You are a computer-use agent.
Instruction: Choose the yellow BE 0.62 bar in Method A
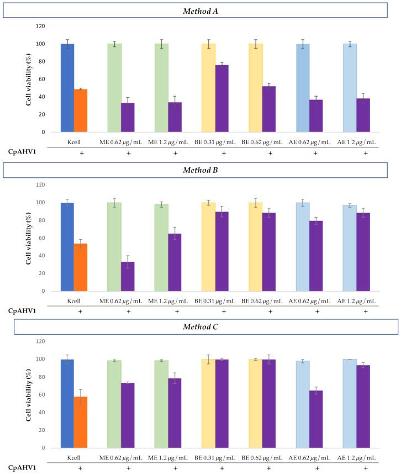pos(256,88)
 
